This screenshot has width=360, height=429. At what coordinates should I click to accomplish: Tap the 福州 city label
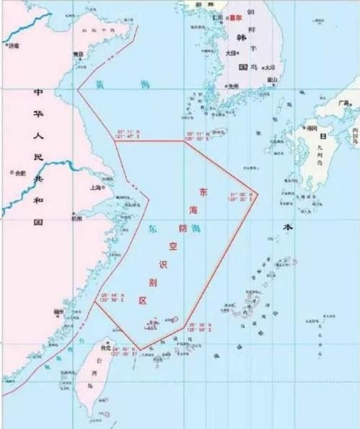59,311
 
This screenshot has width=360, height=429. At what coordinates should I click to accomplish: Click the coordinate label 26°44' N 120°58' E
113,297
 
